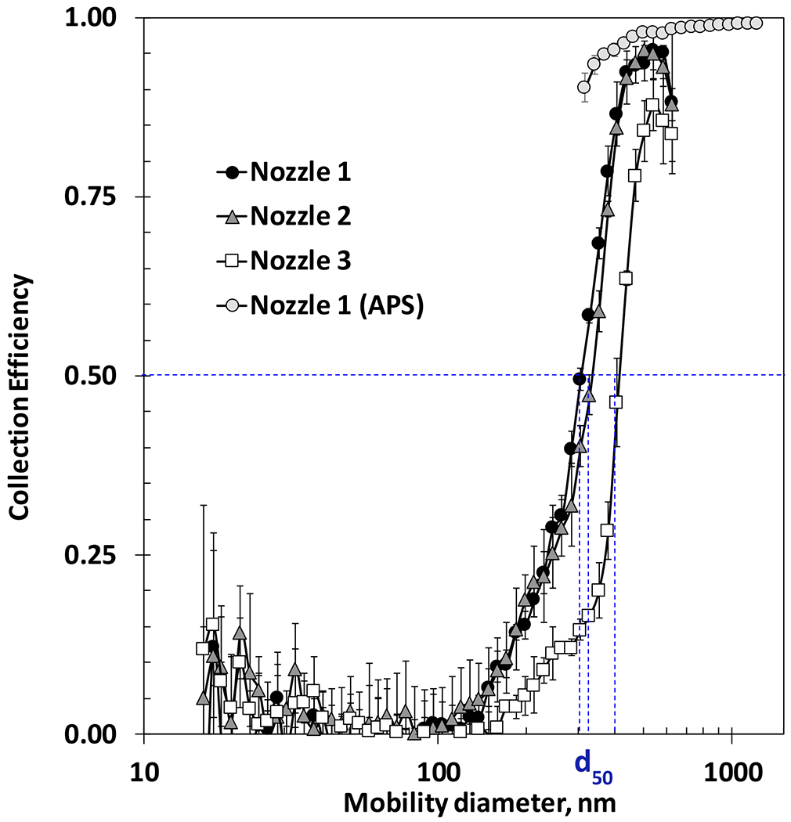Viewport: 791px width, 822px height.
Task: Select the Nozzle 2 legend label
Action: click(x=300, y=217)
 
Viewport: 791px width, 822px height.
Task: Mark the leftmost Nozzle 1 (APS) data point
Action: click(x=583, y=87)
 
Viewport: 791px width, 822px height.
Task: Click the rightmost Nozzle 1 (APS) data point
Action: click(x=756, y=23)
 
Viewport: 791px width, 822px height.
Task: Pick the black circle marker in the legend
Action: click(x=233, y=173)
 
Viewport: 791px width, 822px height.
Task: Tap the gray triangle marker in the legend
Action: click(x=233, y=217)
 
